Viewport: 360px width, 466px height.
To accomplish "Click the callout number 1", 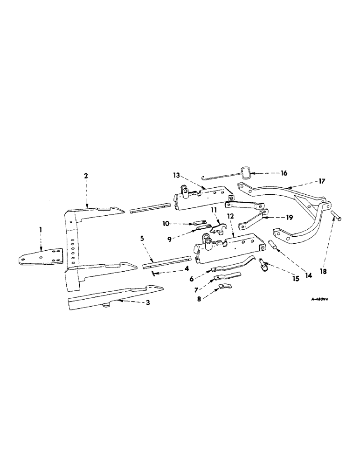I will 41,230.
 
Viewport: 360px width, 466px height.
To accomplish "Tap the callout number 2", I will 86,176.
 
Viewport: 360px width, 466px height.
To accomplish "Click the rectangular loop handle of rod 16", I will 247,175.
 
